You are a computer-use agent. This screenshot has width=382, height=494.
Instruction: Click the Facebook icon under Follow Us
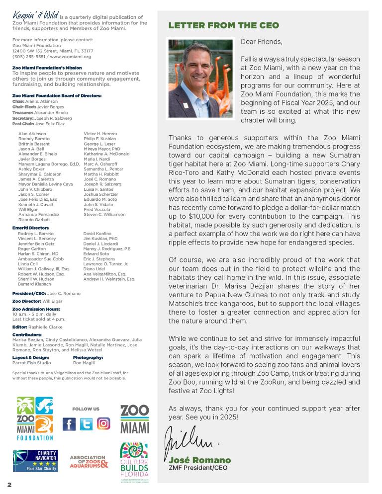[x=69, y=424]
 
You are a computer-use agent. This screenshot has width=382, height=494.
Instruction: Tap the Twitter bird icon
[x=86, y=424]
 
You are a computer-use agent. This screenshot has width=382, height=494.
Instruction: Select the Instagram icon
[x=103, y=424]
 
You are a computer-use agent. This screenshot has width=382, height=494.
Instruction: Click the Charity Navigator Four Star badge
[x=35, y=461]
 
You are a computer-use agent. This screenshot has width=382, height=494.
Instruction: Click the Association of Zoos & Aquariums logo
[x=89, y=462]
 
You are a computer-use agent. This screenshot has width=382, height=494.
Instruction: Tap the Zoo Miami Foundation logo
[x=35, y=418]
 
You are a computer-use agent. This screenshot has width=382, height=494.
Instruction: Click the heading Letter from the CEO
[x=224, y=25]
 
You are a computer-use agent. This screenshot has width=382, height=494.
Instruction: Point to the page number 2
[x=9, y=484]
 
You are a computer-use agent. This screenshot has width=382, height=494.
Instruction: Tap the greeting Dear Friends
[x=262, y=42]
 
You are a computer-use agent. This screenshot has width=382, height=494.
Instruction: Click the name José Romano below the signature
[x=200, y=460]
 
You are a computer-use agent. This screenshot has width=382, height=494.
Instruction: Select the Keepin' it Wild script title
[x=35, y=16]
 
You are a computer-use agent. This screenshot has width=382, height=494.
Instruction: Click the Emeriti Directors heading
[x=30, y=228]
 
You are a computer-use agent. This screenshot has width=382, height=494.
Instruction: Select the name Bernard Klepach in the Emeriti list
[x=34, y=284]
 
